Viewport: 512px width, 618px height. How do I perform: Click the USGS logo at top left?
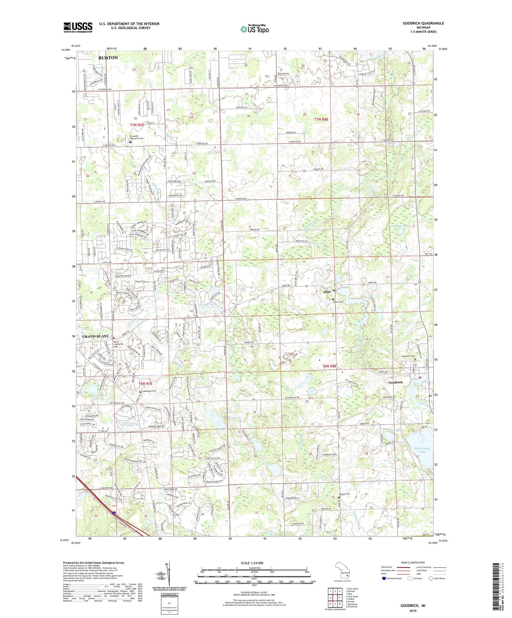[78, 27]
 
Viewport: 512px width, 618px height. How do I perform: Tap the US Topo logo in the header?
[254, 29]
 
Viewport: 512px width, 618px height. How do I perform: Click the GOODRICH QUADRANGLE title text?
[423, 23]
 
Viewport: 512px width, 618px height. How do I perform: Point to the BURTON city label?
[108, 58]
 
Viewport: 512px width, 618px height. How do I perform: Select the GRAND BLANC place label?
[96, 336]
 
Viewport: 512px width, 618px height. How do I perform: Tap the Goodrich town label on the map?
[395, 382]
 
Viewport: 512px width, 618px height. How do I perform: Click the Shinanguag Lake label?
[419, 449]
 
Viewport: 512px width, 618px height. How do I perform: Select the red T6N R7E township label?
[146, 384]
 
